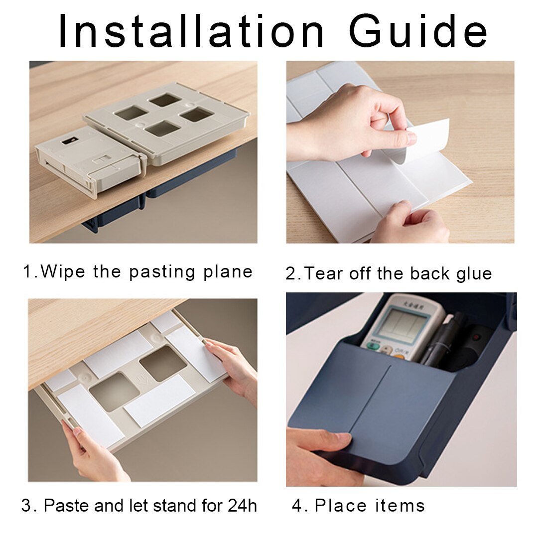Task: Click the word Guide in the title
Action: click(x=417, y=31)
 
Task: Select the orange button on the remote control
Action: click(x=399, y=357)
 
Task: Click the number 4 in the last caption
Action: click(x=297, y=506)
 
